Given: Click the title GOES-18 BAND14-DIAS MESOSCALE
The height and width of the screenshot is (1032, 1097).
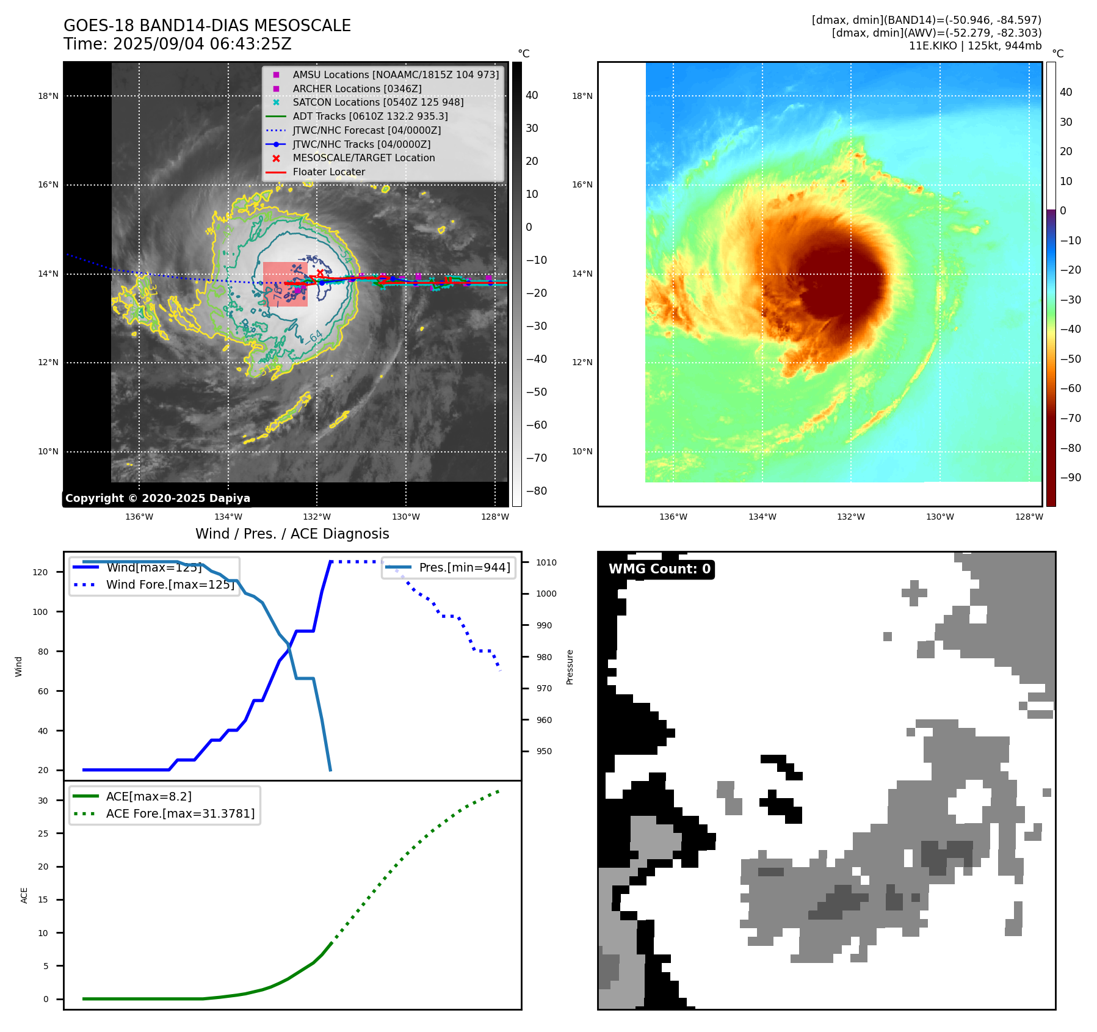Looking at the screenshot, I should pyautogui.click(x=207, y=26).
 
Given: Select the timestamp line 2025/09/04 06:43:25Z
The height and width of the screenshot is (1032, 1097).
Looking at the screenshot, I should pyautogui.click(x=202, y=44).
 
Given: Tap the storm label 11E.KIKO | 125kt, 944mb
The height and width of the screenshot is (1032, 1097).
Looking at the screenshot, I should pyautogui.click(x=975, y=46).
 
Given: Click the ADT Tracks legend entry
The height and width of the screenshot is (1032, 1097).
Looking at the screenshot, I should pyautogui.click(x=370, y=116).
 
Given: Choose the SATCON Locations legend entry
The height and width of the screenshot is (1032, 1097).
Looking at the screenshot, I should pyautogui.click(x=378, y=102).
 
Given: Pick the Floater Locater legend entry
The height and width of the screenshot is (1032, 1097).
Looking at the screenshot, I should pyautogui.click(x=328, y=172).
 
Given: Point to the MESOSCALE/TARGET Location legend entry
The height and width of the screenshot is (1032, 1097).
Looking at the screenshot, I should pyautogui.click(x=363, y=158).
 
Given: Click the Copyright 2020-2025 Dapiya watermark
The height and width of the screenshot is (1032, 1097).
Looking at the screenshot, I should pyautogui.click(x=157, y=498).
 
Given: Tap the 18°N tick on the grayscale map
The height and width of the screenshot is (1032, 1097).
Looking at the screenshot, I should pyautogui.click(x=48, y=96).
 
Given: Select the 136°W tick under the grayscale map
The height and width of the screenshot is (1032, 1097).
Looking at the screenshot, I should pyautogui.click(x=139, y=517).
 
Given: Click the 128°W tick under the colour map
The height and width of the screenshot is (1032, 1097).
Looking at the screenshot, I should pyautogui.click(x=1029, y=517).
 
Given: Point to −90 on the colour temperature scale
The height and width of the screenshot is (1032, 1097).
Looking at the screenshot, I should pyautogui.click(x=1070, y=478).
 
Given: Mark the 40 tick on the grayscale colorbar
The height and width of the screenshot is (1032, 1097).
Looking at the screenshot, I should pyautogui.click(x=532, y=95).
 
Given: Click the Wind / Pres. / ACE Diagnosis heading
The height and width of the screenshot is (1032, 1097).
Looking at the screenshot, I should pyautogui.click(x=292, y=534).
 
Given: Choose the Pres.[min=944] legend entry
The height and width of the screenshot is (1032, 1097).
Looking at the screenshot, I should pyautogui.click(x=464, y=567).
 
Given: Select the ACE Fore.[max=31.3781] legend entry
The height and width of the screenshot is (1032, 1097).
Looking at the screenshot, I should pyautogui.click(x=180, y=813).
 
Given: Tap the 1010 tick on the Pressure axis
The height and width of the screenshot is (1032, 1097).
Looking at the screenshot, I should pyautogui.click(x=546, y=562).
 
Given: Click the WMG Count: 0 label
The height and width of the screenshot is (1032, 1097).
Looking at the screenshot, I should pyautogui.click(x=659, y=569).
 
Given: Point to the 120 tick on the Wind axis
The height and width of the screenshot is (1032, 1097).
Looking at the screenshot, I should pyautogui.click(x=40, y=572).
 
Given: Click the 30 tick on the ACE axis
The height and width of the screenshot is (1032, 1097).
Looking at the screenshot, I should pyautogui.click(x=43, y=801).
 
